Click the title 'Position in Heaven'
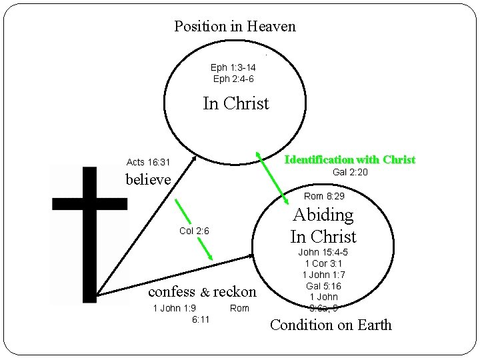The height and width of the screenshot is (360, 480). (235, 27)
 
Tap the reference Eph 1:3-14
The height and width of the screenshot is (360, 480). (233, 67)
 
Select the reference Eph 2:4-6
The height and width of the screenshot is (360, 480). (233, 79)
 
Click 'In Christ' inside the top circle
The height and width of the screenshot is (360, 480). (235, 103)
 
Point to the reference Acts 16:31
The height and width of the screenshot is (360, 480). (148, 162)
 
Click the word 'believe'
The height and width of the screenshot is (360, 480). (149, 179)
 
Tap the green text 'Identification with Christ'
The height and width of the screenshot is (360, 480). (349, 160)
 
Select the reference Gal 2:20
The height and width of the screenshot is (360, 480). (350, 173)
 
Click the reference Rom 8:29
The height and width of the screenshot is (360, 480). (324, 196)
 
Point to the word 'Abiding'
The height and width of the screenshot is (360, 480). (323, 215)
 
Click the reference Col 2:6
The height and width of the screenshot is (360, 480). (194, 231)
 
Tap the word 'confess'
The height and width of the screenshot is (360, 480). (171, 291)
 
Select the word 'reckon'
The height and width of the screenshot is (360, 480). (235, 291)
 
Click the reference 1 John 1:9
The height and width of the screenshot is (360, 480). (174, 307)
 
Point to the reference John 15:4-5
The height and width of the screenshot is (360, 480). (323, 252)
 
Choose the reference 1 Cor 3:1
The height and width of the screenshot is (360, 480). (323, 263)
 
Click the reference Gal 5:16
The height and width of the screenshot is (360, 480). (323, 285)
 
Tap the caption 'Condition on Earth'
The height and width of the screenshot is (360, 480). (330, 325)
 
